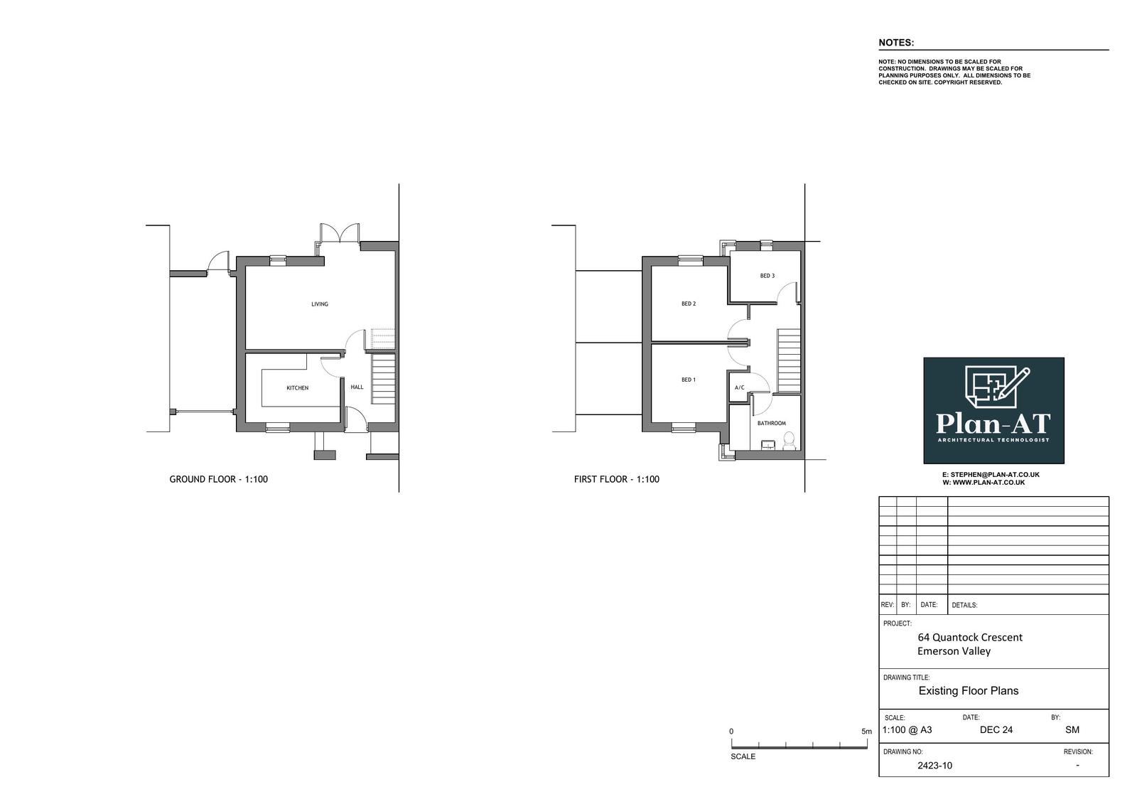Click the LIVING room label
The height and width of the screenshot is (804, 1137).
click(320, 304)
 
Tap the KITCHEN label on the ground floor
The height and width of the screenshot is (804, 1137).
click(298, 388)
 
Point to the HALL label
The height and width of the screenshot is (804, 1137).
click(357, 387)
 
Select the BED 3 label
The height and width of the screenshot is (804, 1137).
click(767, 276)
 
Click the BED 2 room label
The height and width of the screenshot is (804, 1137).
click(689, 304)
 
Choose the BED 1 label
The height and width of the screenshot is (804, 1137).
click(689, 380)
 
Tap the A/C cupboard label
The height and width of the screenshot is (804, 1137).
click(740, 387)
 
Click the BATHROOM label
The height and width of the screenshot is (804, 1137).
click(772, 423)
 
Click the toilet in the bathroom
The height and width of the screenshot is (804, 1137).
click(789, 441)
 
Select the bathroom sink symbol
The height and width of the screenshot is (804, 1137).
click(768, 446)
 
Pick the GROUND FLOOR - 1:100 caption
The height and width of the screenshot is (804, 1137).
click(219, 479)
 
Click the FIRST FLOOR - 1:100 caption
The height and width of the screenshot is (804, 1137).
click(617, 479)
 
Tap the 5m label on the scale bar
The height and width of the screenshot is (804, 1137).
click(866, 731)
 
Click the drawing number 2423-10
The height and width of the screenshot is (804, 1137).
click(935, 766)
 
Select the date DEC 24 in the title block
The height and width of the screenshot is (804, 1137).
click(996, 730)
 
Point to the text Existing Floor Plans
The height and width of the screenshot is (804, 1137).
click(969, 691)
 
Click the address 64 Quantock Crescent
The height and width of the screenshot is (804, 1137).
click(970, 638)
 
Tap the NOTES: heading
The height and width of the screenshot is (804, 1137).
click(896, 43)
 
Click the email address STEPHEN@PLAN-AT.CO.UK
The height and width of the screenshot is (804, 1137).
click(995, 474)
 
